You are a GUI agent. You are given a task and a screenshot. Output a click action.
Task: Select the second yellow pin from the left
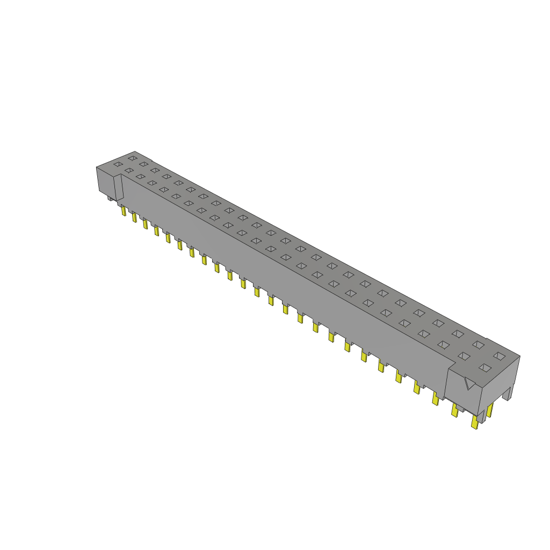(x=134, y=218)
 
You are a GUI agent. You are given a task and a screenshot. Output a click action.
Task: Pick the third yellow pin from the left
(x=145, y=223)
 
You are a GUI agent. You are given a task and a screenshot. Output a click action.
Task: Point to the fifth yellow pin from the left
(x=168, y=237)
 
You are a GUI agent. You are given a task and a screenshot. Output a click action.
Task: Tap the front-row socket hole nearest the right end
(x=485, y=367)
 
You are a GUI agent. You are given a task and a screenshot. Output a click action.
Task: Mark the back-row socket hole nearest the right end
(x=500, y=356)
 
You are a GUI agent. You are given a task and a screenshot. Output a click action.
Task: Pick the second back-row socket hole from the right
(x=478, y=344)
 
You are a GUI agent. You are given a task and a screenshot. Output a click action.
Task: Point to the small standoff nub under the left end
(x=111, y=198)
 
